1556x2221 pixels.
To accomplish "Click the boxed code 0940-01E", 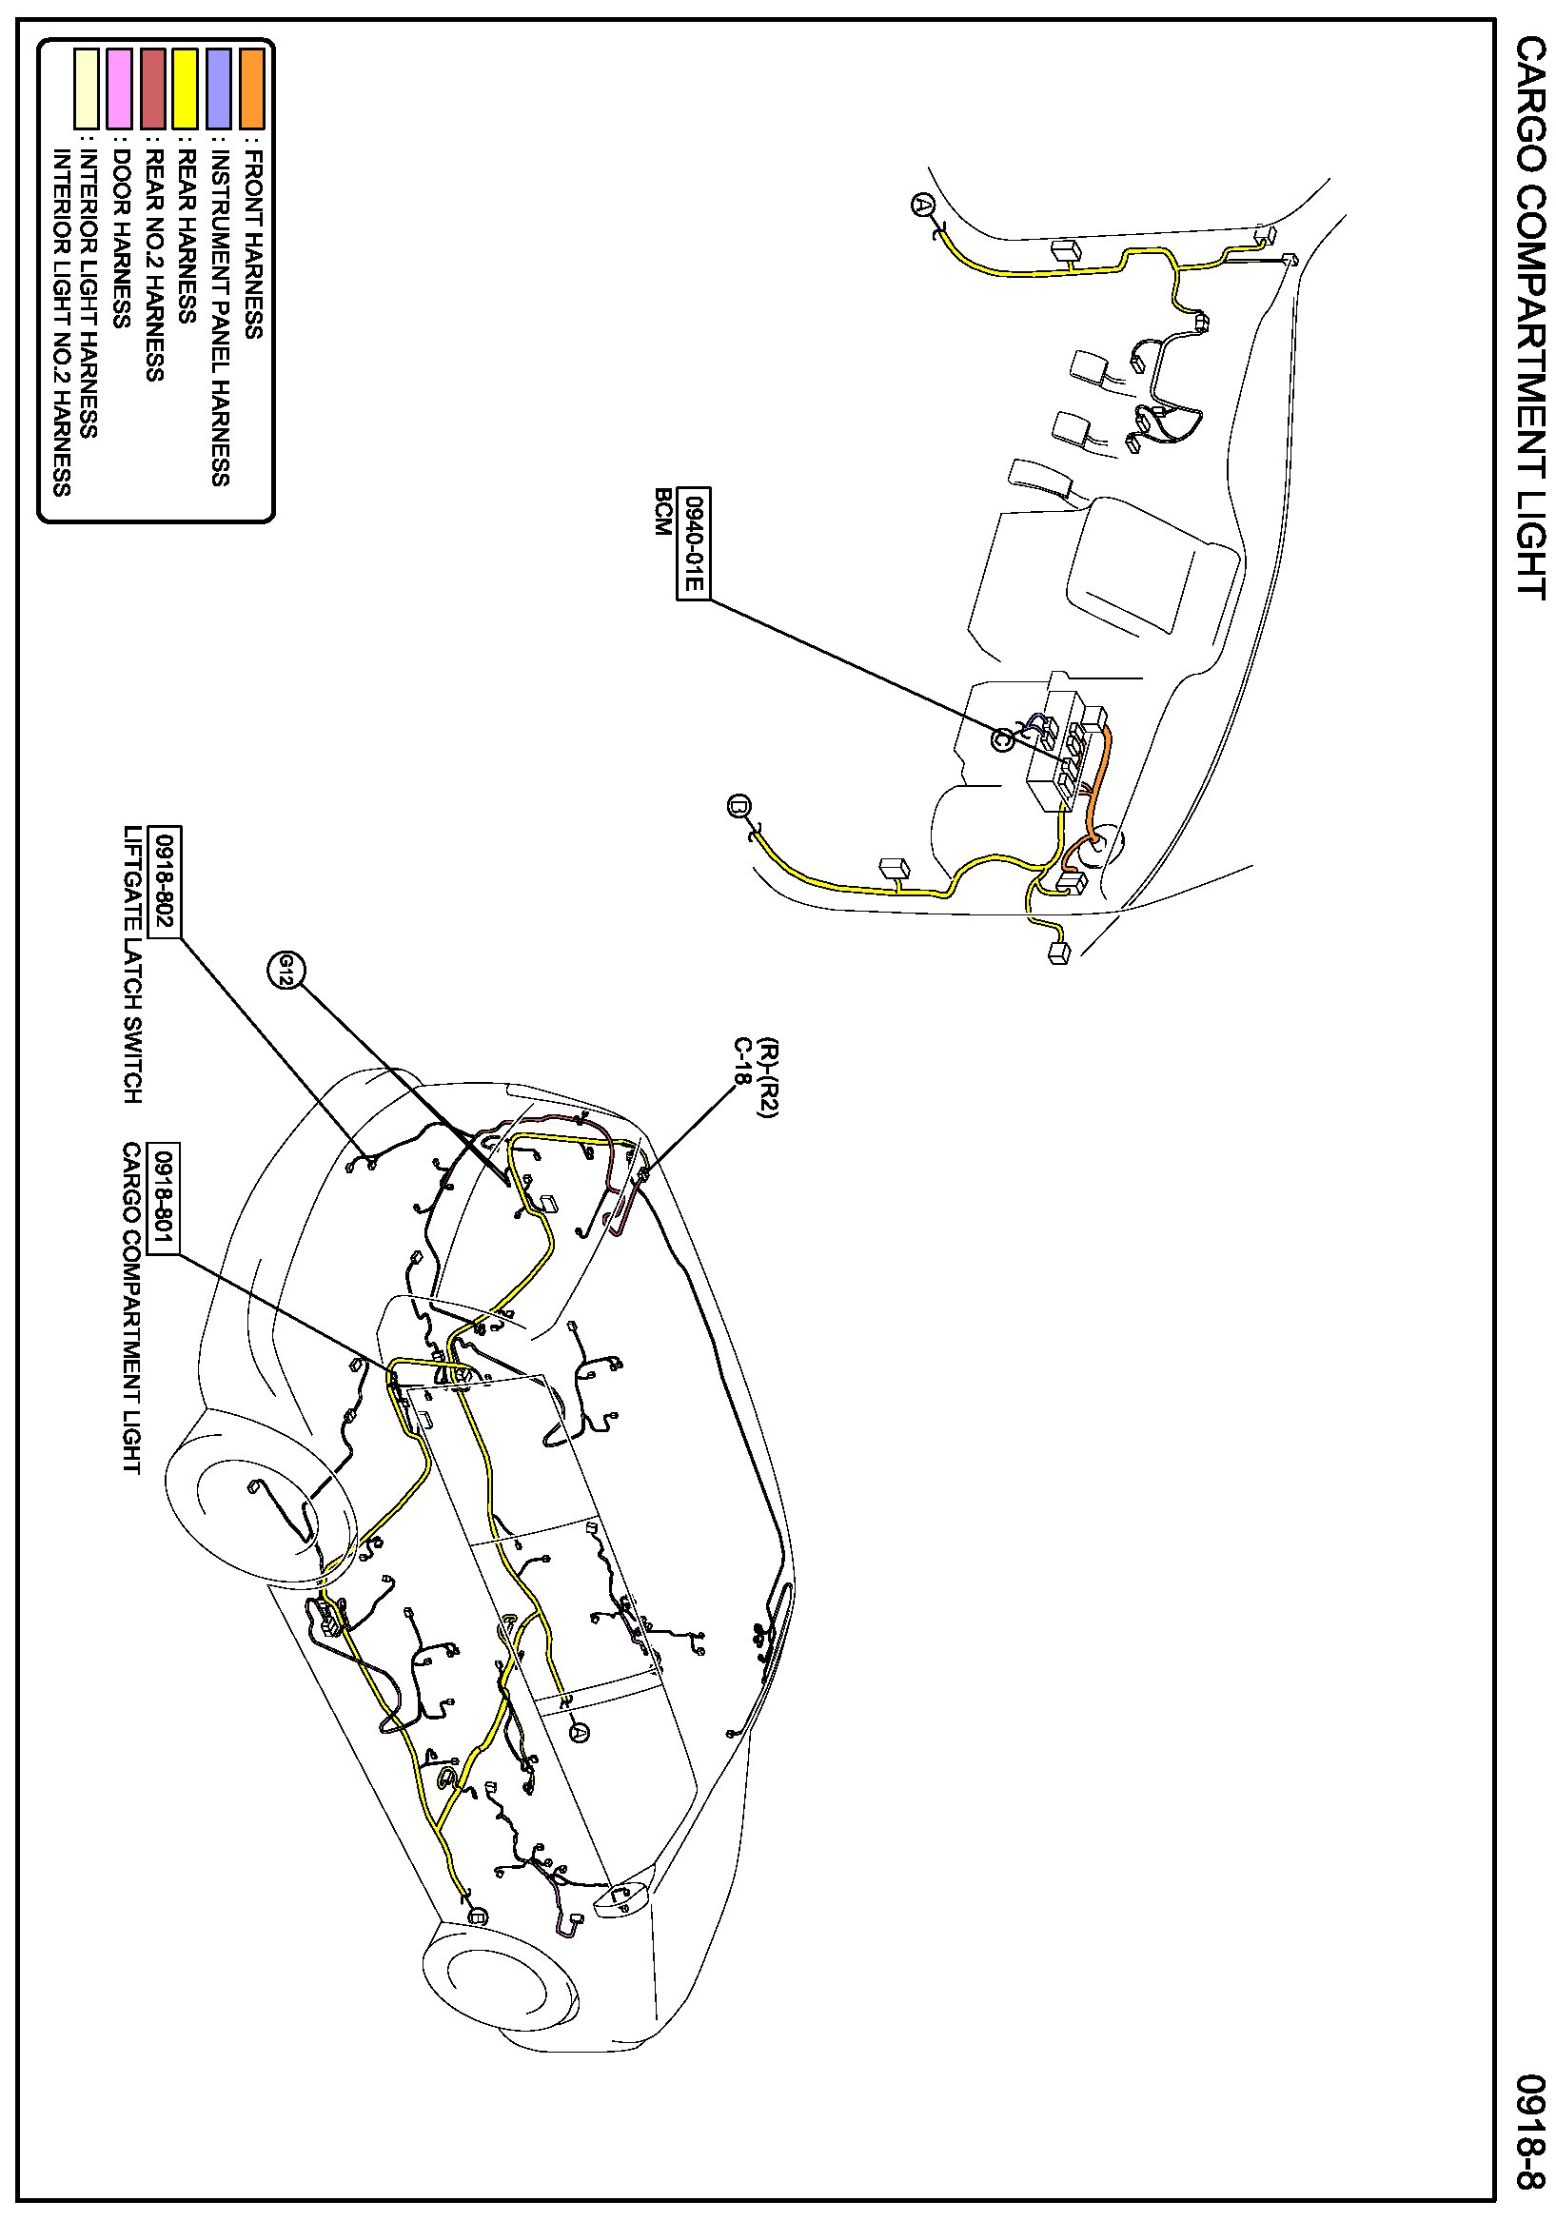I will pyautogui.click(x=692, y=543).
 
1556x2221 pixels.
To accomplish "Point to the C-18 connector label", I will pyautogui.click(x=743, y=1064).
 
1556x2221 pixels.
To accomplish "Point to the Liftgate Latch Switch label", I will pyautogui.click(x=132, y=965).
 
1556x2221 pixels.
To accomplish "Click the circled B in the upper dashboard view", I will pyautogui.click(x=739, y=806).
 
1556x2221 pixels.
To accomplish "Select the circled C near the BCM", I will pyautogui.click(x=1003, y=739).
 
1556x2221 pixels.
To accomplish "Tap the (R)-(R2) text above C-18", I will pyautogui.click(x=768, y=1078).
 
